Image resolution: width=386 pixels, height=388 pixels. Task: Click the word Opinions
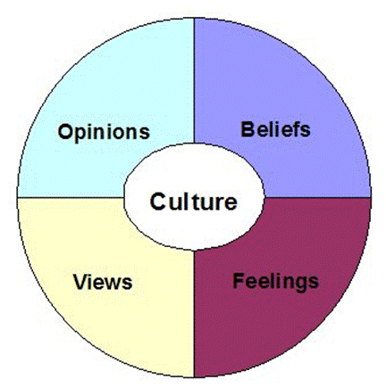pyautogui.click(x=104, y=132)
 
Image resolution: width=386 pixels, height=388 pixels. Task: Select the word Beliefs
pyautogui.click(x=275, y=129)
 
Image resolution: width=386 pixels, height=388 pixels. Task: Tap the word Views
pyautogui.click(x=103, y=282)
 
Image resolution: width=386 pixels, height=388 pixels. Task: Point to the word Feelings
pyautogui.click(x=275, y=282)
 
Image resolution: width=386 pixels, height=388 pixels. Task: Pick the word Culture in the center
pyautogui.click(x=194, y=202)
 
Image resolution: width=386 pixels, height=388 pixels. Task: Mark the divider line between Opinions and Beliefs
pyautogui.click(x=194, y=81)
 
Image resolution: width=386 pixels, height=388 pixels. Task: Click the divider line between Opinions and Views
pyautogui.click(x=71, y=197)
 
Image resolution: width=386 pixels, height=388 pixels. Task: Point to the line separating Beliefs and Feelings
pyautogui.click(x=317, y=197)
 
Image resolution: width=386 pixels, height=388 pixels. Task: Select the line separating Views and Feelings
pyautogui.click(x=194, y=313)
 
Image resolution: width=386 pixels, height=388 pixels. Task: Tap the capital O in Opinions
pyautogui.click(x=64, y=131)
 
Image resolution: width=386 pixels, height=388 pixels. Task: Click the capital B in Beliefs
pyautogui.click(x=248, y=129)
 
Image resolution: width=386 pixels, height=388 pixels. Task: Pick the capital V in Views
pyautogui.click(x=80, y=282)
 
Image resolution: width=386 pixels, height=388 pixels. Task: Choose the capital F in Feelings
pyautogui.click(x=239, y=281)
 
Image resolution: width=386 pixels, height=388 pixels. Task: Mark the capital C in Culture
pyautogui.click(x=157, y=202)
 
